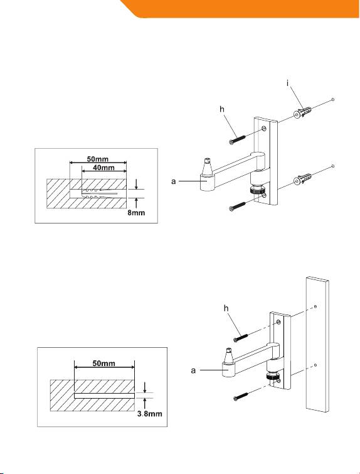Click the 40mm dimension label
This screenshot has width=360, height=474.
103,168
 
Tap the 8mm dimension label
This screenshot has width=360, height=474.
136,213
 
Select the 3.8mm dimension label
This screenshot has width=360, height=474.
149,414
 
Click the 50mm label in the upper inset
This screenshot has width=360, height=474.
98,159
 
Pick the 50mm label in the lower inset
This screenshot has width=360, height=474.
103,363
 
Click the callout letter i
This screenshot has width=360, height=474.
288,83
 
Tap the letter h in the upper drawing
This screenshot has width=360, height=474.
222,109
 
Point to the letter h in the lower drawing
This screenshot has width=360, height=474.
226,308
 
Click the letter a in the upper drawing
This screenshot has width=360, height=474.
173,181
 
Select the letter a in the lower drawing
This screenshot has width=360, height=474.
193,370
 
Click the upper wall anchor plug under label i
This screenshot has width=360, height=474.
302,113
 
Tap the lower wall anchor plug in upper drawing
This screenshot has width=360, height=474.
302,180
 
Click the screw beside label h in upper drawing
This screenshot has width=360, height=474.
238,139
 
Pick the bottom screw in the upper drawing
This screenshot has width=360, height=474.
238,206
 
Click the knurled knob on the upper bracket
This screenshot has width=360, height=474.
257,191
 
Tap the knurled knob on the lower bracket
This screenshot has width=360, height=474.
273,376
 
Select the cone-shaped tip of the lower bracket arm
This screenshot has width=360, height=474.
229,355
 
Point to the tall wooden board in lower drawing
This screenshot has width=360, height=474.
317,344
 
